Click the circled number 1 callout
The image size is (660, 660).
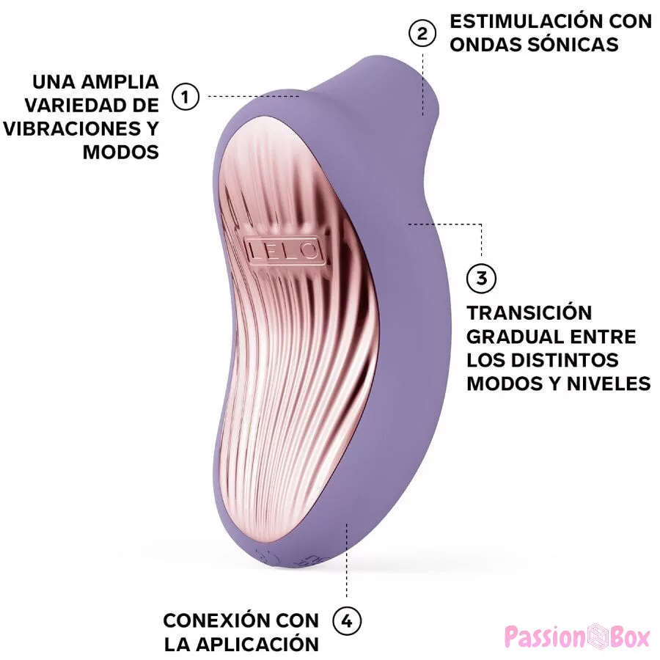186,96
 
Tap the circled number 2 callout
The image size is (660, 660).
422,34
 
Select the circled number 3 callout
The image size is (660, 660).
481,278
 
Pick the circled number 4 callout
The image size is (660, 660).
347,621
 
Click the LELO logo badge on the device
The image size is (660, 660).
284,249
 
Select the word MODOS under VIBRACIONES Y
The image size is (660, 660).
121,152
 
